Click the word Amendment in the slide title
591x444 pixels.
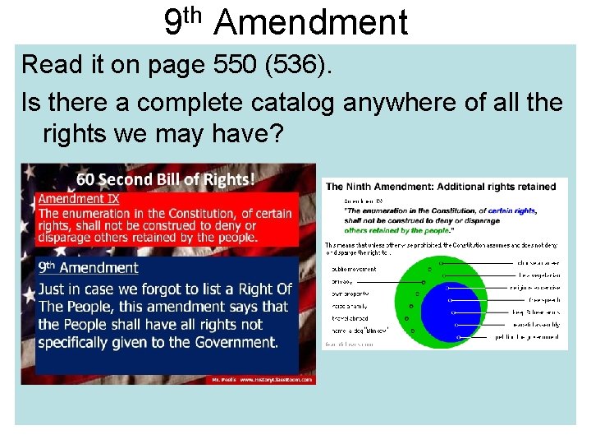310,22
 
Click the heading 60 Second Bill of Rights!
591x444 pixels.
165,179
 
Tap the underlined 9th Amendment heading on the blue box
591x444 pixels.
88,267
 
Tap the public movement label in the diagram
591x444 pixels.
354,269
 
